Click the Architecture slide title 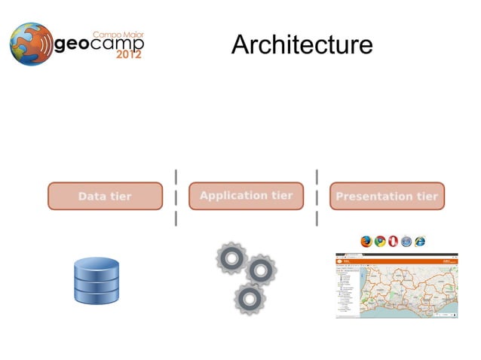302,45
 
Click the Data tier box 105,196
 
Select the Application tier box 246,196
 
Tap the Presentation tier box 387,196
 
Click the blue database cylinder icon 97,281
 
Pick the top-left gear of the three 231,259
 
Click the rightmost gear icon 261,270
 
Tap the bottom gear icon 249,299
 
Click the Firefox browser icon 366,241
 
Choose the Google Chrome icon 380,241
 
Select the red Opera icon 394,241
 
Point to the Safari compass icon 407,241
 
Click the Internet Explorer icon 421,241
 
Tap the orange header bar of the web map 397,257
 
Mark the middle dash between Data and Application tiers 176,197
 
